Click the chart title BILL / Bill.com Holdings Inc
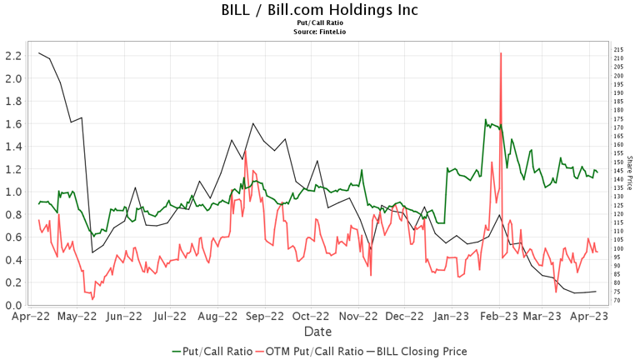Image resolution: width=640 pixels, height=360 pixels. click(320, 10)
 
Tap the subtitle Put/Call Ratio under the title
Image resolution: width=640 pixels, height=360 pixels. click(320, 23)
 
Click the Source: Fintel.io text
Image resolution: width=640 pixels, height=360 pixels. click(320, 32)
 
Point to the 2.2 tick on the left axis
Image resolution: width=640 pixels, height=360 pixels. click(12, 56)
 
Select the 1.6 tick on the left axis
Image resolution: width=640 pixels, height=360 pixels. click(12, 124)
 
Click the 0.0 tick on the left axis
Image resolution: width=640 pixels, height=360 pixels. click(12, 306)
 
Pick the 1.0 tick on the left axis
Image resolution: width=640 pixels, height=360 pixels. click(12, 192)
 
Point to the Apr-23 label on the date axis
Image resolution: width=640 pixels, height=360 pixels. click(590, 317)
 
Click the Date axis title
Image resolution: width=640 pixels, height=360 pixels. click(320, 332)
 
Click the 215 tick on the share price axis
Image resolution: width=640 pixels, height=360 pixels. click(619, 50)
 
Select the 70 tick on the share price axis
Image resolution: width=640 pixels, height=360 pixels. click(619, 301)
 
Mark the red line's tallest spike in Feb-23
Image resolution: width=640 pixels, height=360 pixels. click(500, 53)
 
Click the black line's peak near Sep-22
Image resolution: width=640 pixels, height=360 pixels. click(252, 123)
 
